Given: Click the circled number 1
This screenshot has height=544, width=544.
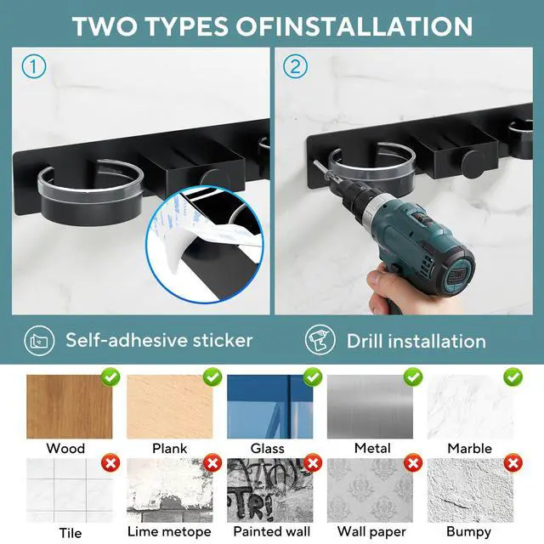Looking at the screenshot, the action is [x=34, y=66].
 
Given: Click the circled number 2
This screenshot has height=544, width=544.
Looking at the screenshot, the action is [x=295, y=66].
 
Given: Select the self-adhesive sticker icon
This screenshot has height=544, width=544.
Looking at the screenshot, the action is [x=39, y=341].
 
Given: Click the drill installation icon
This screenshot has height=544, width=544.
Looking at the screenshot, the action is [x=320, y=340].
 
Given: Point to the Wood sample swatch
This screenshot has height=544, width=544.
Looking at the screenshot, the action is [x=70, y=406].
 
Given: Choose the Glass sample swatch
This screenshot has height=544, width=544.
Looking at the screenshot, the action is [x=270, y=406].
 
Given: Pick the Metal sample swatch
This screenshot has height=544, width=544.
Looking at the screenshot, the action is [x=371, y=406].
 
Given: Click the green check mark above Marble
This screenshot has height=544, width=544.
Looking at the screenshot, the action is [x=513, y=377].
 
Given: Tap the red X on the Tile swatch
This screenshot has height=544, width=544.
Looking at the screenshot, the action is [x=110, y=462].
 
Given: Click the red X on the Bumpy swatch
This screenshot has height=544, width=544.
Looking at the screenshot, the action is [x=513, y=462].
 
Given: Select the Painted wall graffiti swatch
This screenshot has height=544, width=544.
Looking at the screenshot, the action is [x=270, y=490].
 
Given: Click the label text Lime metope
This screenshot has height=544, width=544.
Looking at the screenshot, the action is [x=169, y=531].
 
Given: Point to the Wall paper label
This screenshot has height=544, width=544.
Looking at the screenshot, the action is [x=371, y=531].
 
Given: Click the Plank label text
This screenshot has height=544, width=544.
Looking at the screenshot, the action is [x=170, y=448].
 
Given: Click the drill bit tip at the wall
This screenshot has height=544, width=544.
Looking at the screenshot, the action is [x=315, y=162].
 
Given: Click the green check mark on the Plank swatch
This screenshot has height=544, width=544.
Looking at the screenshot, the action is [x=212, y=377].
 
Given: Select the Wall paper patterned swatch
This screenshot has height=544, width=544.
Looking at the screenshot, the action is [x=371, y=490].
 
